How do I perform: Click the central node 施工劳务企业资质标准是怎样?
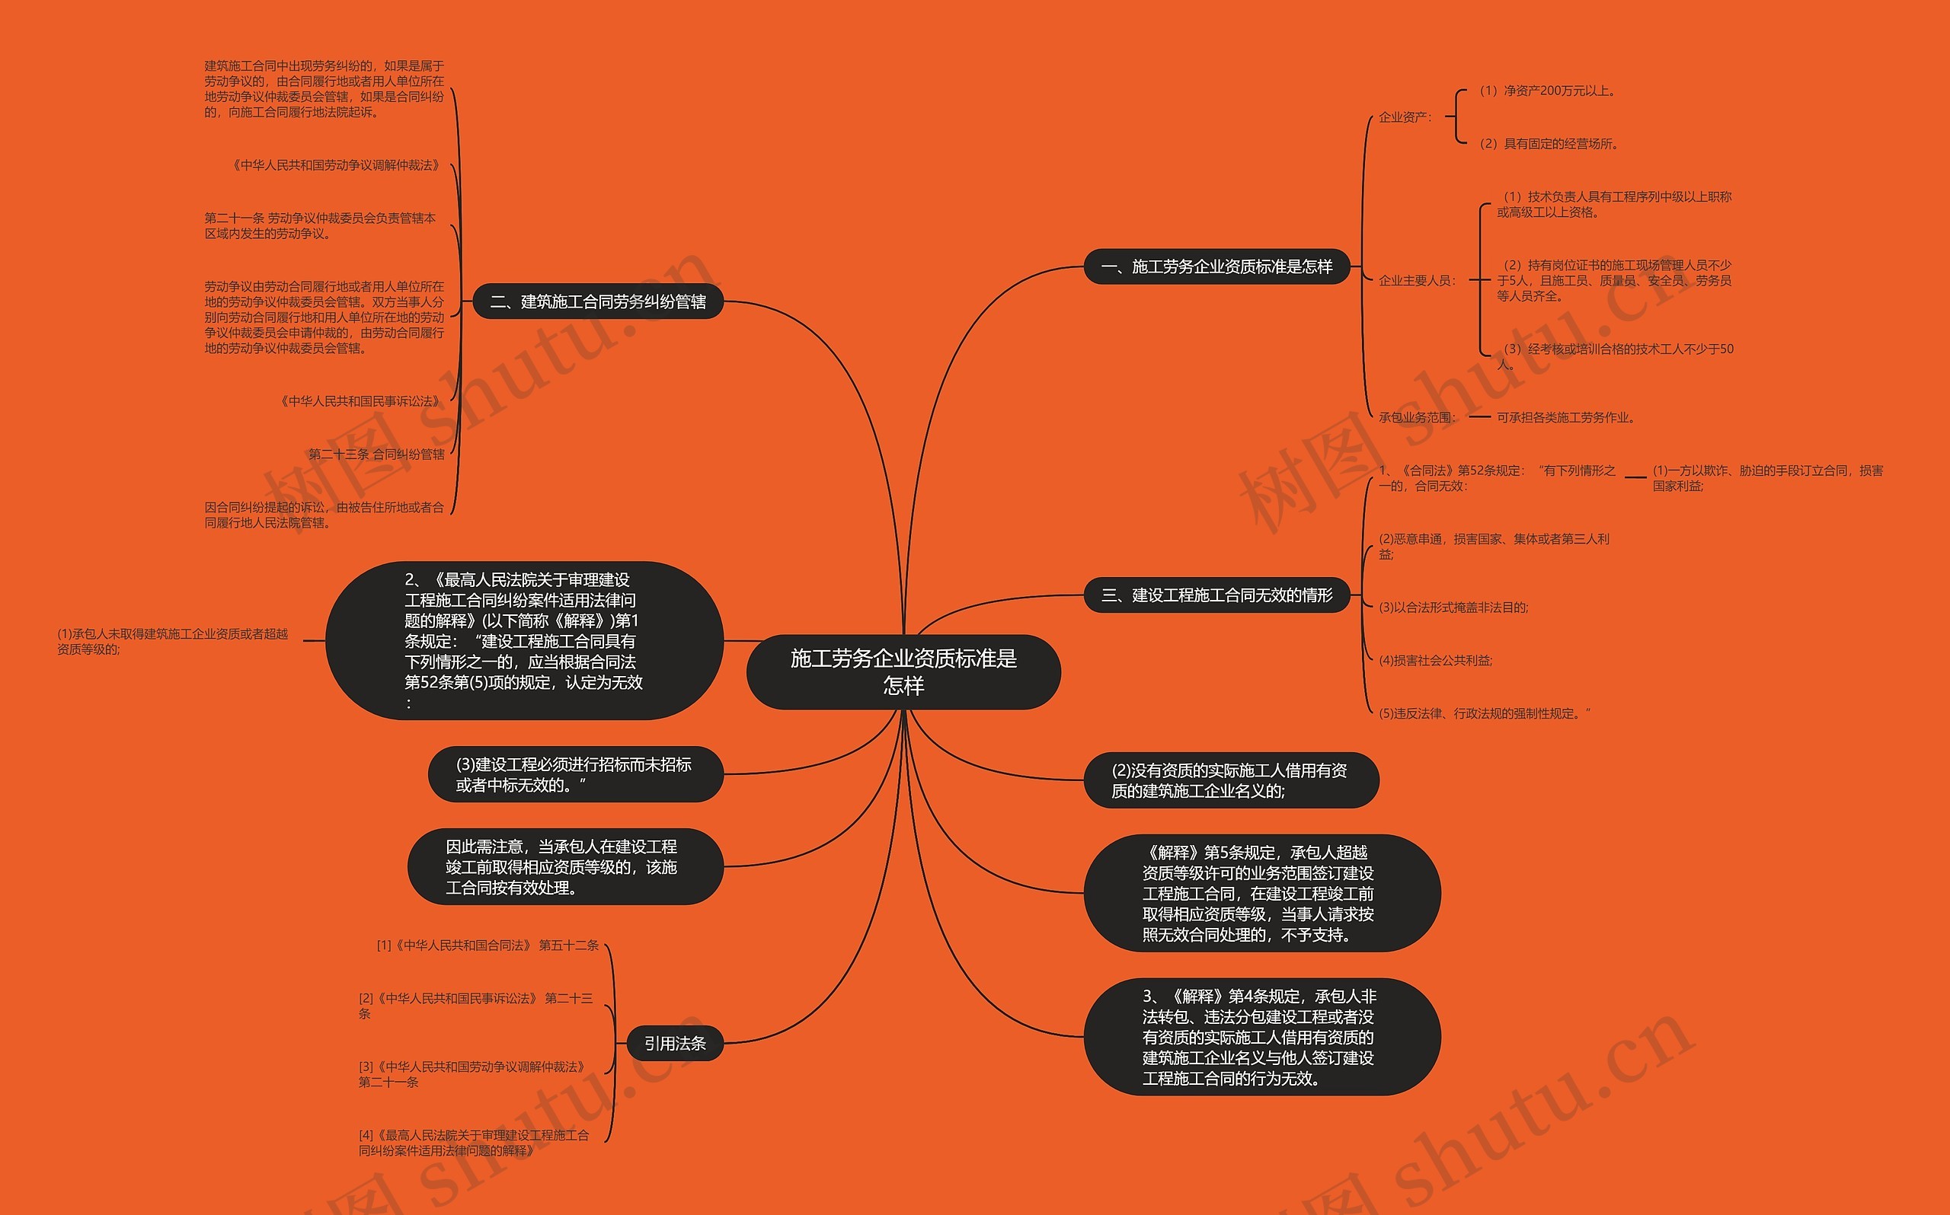903,671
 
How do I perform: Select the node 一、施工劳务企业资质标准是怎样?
1216,266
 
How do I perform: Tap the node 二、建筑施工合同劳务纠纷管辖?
597,301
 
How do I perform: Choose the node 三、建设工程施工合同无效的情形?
1216,595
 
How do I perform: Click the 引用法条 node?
674,1043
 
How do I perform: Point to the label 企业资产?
1405,117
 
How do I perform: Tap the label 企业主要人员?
1417,280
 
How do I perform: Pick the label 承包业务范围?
1417,418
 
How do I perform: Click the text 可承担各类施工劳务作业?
1566,418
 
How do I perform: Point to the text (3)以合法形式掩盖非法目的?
1453,607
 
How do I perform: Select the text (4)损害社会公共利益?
1436,661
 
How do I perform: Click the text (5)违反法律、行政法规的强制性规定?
1484,713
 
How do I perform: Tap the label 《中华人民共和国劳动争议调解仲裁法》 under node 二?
337,165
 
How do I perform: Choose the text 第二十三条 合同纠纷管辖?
376,454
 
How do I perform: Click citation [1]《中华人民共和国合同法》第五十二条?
488,945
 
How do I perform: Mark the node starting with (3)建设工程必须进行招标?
574,775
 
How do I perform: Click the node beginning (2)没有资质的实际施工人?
1230,780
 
